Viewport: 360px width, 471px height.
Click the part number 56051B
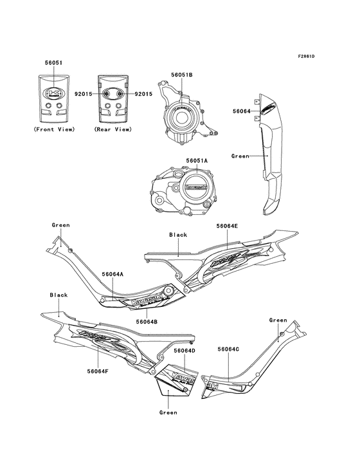pyautogui.click(x=181, y=75)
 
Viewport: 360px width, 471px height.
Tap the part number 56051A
pyautogui.click(x=197, y=160)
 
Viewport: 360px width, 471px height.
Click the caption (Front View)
pyautogui.click(x=54, y=129)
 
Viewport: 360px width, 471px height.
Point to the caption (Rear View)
pyautogui.click(x=113, y=129)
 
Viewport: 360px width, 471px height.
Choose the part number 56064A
pyautogui.click(x=112, y=273)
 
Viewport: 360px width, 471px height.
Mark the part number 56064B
pyautogui.click(x=147, y=320)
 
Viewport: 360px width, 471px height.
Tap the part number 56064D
pyautogui.click(x=184, y=351)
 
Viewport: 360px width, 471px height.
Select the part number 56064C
pyautogui.click(x=228, y=349)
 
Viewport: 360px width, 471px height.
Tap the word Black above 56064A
pyautogui.click(x=178, y=235)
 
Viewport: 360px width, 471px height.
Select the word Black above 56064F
pyautogui.click(x=59, y=295)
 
